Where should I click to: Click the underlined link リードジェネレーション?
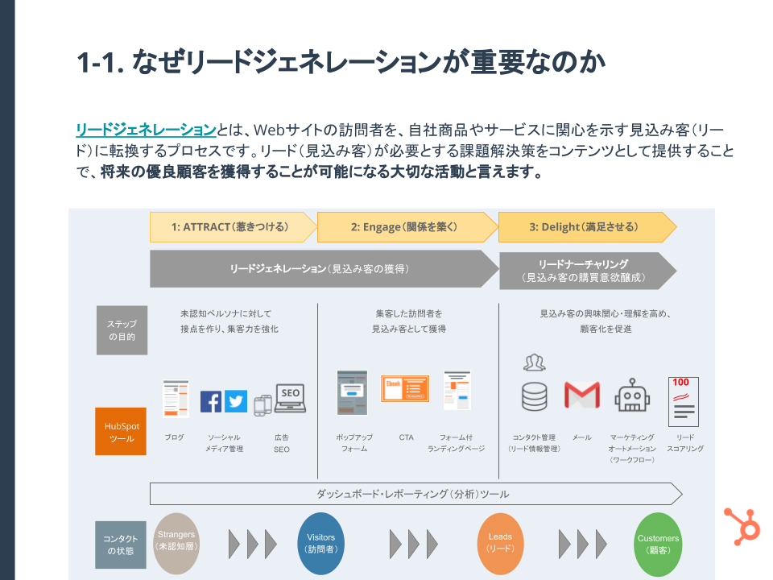[147, 130]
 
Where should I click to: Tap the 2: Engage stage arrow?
[406, 227]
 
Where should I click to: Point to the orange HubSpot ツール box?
[121, 432]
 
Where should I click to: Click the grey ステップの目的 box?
[122, 329]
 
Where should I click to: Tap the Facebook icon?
[211, 401]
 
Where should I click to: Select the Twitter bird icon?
[236, 401]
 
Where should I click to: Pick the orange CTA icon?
[404, 390]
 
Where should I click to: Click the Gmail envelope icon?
[581, 395]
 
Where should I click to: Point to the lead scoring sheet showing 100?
[683, 401]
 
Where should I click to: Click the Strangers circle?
[176, 543]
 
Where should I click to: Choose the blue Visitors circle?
[321, 543]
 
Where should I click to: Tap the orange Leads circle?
[500, 543]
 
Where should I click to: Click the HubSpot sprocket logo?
[742, 524]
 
